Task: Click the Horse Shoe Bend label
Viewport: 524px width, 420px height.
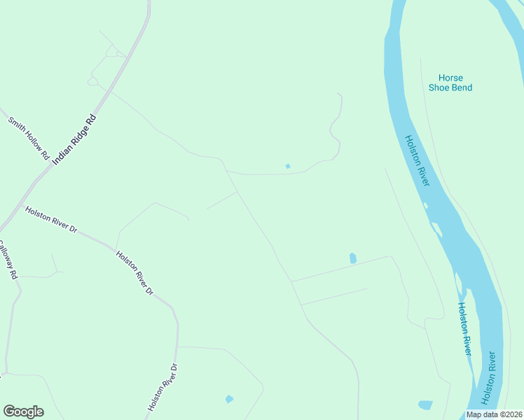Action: [450, 83]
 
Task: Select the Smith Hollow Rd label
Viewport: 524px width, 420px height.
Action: [28, 137]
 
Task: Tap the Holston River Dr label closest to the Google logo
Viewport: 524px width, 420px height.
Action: [163, 386]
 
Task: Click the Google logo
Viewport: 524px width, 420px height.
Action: [23, 412]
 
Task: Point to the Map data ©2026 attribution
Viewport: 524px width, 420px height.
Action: [495, 414]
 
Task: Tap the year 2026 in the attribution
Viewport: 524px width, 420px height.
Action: [512, 414]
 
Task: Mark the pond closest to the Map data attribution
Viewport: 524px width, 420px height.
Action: [425, 405]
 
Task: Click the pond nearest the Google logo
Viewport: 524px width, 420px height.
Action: [229, 399]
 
